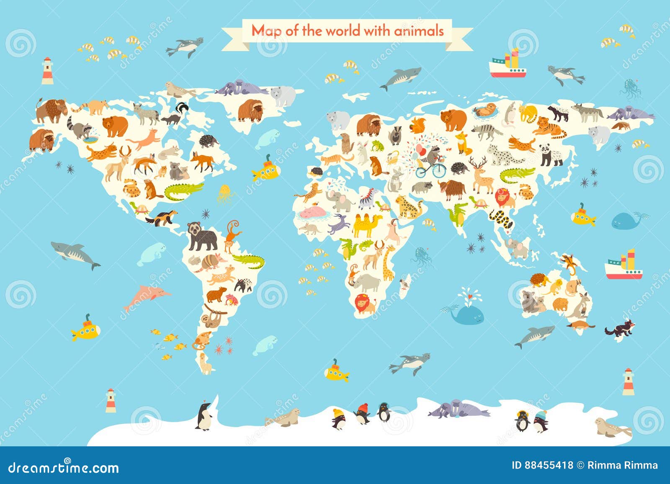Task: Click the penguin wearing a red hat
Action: click(363, 413)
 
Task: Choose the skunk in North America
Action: click(175, 114)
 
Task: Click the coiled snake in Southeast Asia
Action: click(501, 219)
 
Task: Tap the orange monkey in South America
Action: click(232, 236)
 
